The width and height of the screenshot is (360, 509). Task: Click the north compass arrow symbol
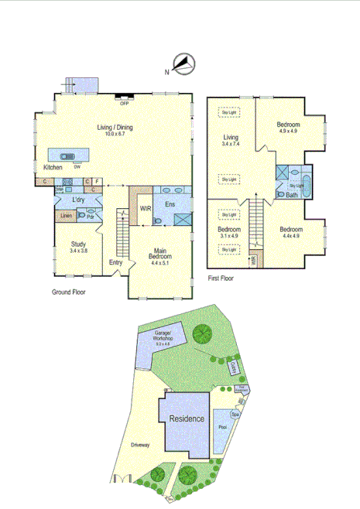(x=183, y=64)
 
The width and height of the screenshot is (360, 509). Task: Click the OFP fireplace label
(x=123, y=103)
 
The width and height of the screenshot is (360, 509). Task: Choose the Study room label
(x=79, y=247)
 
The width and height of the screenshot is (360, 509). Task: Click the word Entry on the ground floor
(x=115, y=263)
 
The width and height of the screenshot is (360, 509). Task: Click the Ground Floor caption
(x=68, y=292)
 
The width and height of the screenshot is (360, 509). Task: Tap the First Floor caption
(x=222, y=277)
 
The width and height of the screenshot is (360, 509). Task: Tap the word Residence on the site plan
(x=187, y=418)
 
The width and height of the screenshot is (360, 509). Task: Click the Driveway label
(x=141, y=445)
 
